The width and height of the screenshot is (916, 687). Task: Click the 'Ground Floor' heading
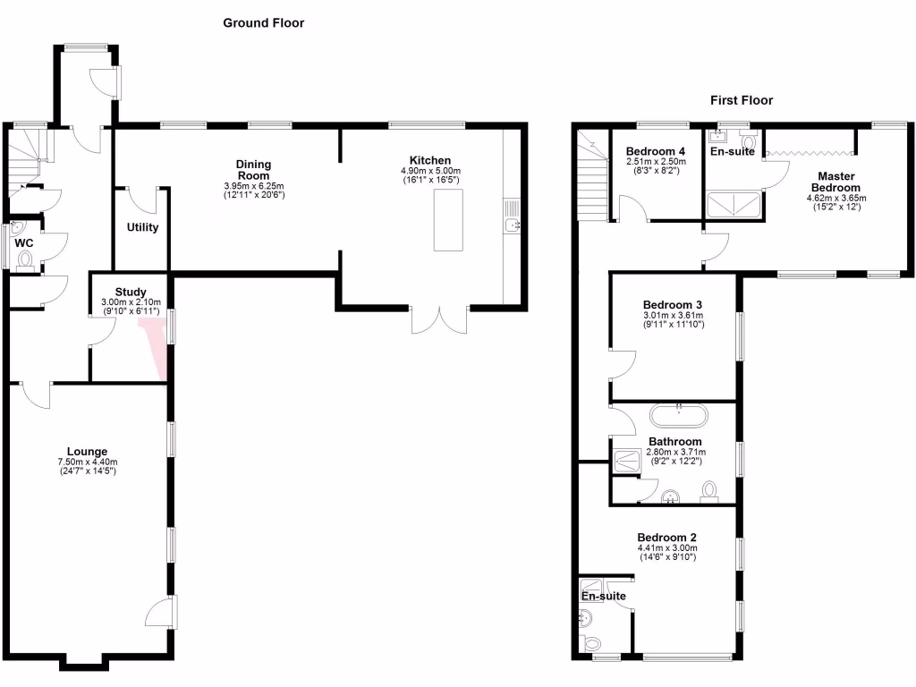pos(263,23)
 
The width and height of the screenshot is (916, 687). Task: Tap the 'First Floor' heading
pos(742,100)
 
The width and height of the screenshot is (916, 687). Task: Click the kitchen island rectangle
pos(447,220)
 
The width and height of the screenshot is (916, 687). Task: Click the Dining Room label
pos(253,170)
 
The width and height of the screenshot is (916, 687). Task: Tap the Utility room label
pos(142,227)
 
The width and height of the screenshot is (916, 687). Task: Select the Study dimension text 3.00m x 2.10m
pos(131,301)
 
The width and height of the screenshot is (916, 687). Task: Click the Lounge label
pos(87,452)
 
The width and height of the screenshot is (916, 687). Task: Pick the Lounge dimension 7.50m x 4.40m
pos(87,462)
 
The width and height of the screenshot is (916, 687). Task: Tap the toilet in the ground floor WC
pos(24,260)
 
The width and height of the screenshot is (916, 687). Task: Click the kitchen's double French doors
pos(438,320)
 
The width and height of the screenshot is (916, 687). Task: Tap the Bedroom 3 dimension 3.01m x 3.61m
pos(674,315)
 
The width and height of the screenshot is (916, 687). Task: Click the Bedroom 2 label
pos(666,537)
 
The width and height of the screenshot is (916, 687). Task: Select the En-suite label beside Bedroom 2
pos(604,596)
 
